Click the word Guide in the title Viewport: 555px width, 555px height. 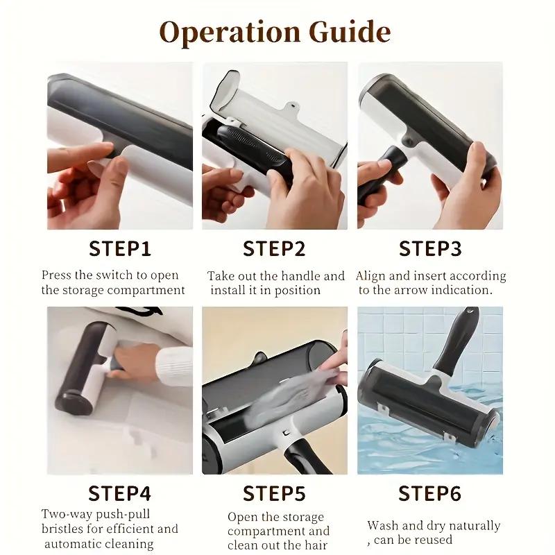coord(350,31)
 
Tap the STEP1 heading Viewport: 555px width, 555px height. coord(120,248)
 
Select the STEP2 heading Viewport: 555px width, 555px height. coord(274,248)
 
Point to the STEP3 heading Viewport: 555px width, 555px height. coord(430,248)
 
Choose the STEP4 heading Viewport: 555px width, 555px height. coord(120,493)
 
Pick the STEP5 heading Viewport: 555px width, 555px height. coord(274,493)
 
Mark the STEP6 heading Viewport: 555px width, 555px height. coord(430,493)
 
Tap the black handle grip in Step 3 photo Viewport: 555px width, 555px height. coord(380,177)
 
